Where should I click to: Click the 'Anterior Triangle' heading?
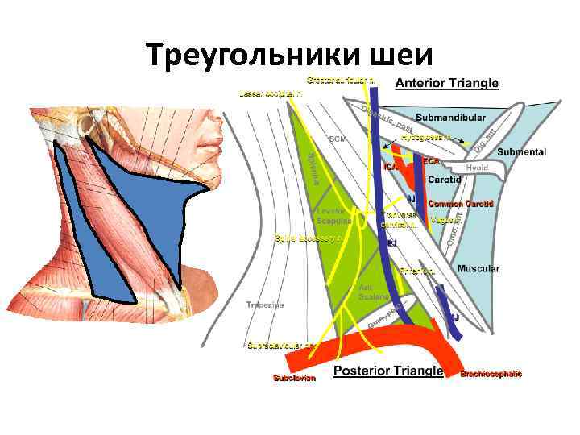447,83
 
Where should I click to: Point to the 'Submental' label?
521,151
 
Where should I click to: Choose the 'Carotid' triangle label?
444,180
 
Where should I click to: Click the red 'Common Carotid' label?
460,204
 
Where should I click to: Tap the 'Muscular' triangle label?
478,268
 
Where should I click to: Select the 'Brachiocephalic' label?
491,374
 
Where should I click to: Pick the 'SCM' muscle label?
338,139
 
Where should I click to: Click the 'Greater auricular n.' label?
339,80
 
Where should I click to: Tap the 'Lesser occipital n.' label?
271,94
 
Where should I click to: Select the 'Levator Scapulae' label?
333,217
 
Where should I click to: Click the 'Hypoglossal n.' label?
427,138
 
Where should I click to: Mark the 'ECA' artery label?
430,160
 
